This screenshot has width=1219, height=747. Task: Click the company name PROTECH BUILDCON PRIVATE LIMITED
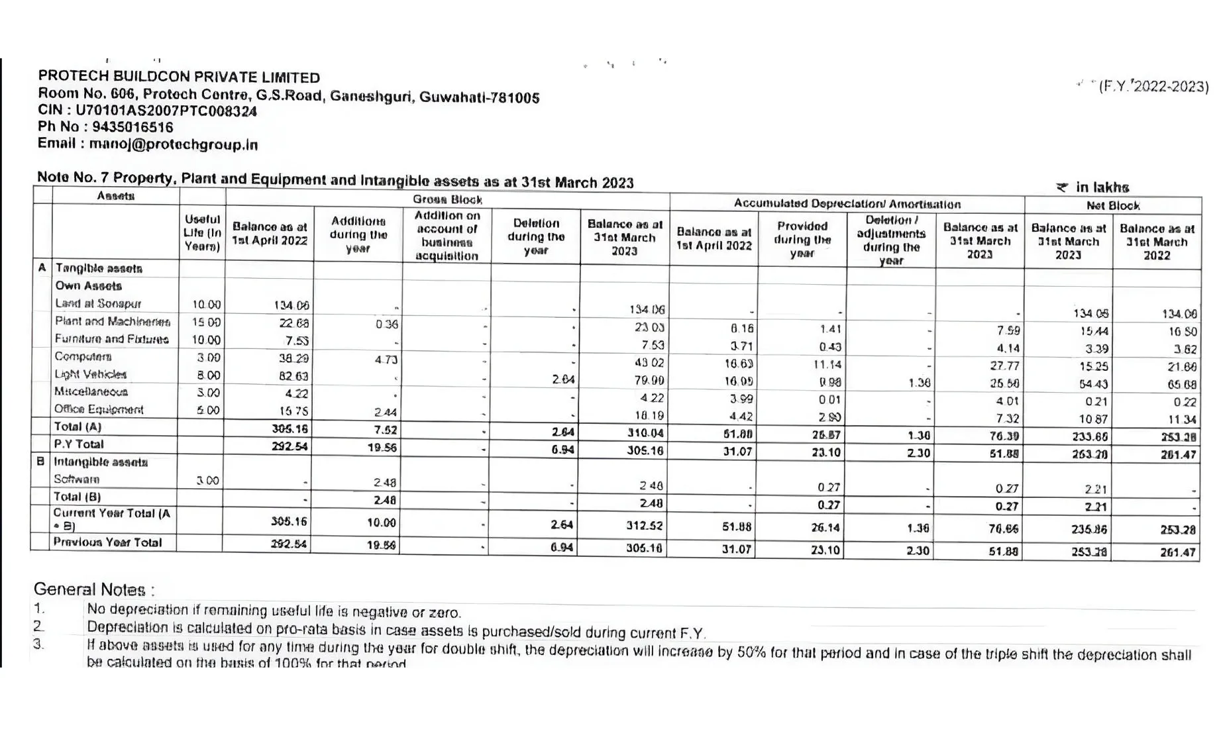179,77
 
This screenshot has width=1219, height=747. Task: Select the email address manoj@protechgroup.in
174,144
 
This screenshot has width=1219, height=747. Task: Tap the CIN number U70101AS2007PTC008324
166,111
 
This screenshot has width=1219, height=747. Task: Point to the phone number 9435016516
132,127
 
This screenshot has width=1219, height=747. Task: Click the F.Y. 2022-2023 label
1153,86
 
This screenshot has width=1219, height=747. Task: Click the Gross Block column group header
447,199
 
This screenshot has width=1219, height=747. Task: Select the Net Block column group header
1113,206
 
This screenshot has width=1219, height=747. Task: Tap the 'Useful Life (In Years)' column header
202,232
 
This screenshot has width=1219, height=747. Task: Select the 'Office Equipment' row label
99,409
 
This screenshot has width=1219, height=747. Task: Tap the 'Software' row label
77,479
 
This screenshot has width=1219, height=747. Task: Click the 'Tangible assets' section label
99,268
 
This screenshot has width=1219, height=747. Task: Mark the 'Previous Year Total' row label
107,542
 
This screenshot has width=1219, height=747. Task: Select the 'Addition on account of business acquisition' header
447,236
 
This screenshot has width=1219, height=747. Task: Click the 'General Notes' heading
94,589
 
